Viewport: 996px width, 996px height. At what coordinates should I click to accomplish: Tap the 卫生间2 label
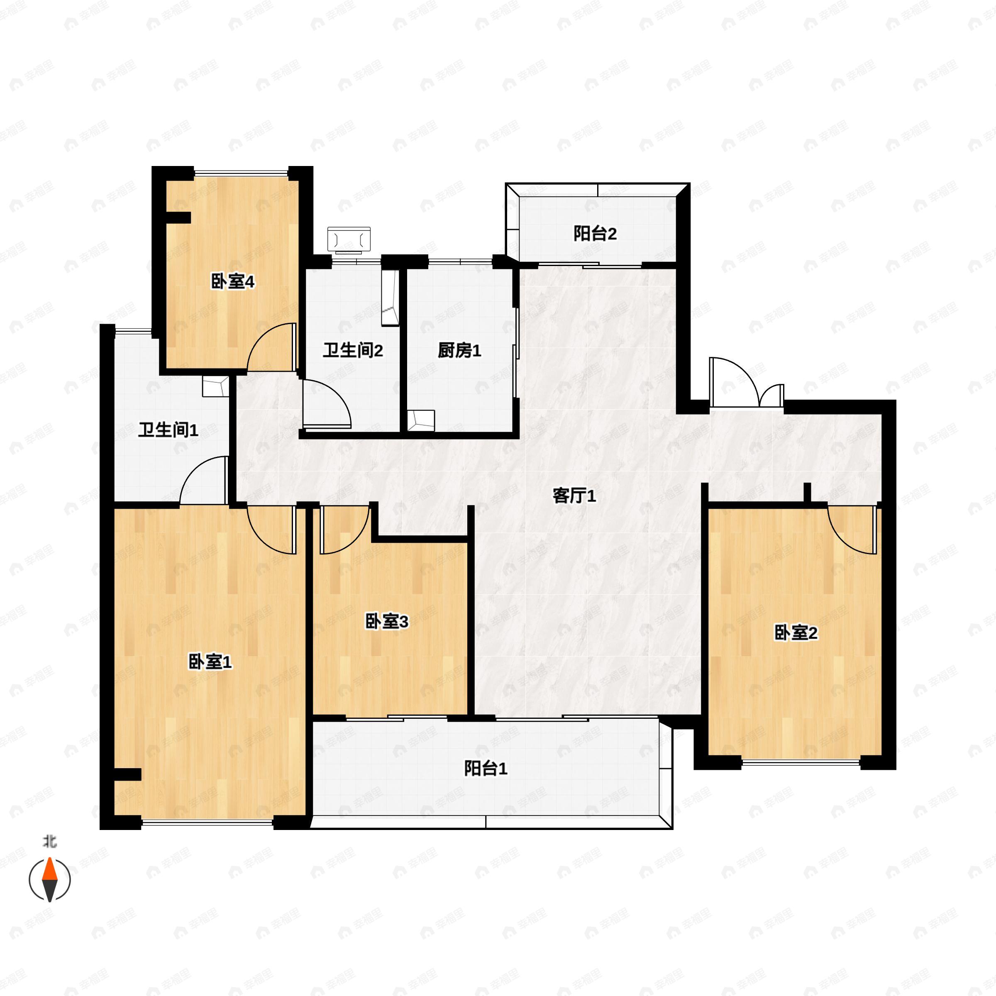coord(353,351)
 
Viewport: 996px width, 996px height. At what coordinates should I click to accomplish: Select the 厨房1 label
coord(459,351)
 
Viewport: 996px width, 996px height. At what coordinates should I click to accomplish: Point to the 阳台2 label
coord(595,234)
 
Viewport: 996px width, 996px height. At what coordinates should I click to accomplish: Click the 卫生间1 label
coord(168,430)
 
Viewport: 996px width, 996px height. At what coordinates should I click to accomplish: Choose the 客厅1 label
coord(574,496)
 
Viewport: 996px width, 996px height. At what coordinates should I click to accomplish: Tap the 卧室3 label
coord(387,621)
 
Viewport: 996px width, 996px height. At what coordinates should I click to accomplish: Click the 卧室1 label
coord(210,662)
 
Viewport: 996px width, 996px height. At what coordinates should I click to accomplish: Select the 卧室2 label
coord(796,632)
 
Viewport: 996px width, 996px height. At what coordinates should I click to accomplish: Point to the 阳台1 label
coord(486,768)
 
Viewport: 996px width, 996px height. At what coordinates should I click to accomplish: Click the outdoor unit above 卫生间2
coord(349,240)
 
